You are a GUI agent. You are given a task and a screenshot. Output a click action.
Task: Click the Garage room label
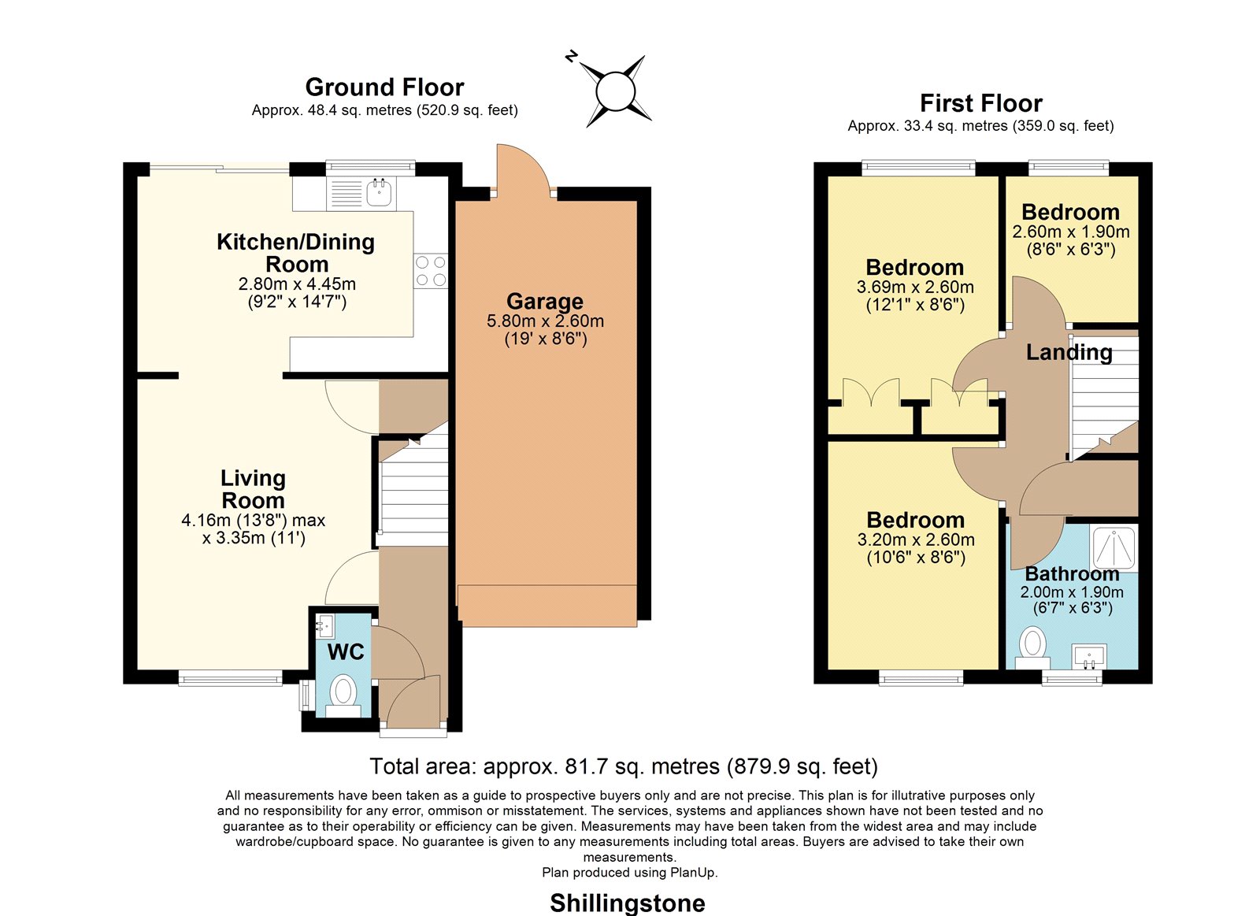[x=544, y=302]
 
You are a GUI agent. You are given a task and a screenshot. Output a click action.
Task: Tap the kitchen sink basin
[x=379, y=192]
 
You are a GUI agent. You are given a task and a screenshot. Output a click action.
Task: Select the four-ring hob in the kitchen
[x=431, y=271]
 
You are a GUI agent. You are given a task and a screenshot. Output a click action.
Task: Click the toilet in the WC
[x=343, y=695]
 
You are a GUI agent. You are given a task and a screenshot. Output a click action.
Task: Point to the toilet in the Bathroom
[x=1032, y=647]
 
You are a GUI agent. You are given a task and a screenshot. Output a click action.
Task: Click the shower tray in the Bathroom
[x=1114, y=547]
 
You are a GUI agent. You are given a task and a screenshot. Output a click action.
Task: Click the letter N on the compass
[x=572, y=56]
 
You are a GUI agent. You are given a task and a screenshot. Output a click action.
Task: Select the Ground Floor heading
[x=385, y=87]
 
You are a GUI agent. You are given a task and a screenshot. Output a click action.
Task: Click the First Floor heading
[x=981, y=103]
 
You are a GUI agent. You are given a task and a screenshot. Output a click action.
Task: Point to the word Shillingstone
[x=627, y=903]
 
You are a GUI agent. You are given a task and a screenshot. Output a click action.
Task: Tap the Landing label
[x=1069, y=352]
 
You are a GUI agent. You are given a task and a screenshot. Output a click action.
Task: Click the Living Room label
[x=253, y=489]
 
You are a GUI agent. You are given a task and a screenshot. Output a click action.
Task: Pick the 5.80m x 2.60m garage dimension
[x=545, y=321]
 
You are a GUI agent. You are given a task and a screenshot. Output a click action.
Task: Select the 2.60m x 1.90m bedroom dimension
[x=1071, y=232]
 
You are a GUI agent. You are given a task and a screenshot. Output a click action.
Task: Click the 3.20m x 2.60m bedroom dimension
[x=916, y=540]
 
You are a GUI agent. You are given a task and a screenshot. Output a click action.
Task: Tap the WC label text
[x=346, y=651]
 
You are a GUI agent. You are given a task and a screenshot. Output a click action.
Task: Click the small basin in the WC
[x=324, y=625]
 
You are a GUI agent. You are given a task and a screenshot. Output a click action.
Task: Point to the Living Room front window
[x=230, y=678]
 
